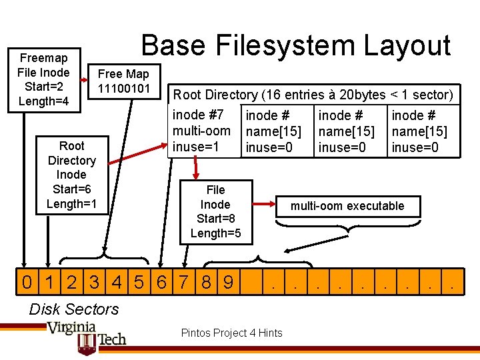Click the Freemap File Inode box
(x=45, y=79)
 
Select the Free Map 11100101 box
(x=123, y=81)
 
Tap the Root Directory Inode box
(x=71, y=175)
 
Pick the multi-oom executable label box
(x=347, y=206)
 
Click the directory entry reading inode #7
(x=202, y=131)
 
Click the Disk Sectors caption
(x=74, y=309)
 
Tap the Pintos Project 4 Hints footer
(x=231, y=333)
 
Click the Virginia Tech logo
(x=86, y=336)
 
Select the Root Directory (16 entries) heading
(x=313, y=95)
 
